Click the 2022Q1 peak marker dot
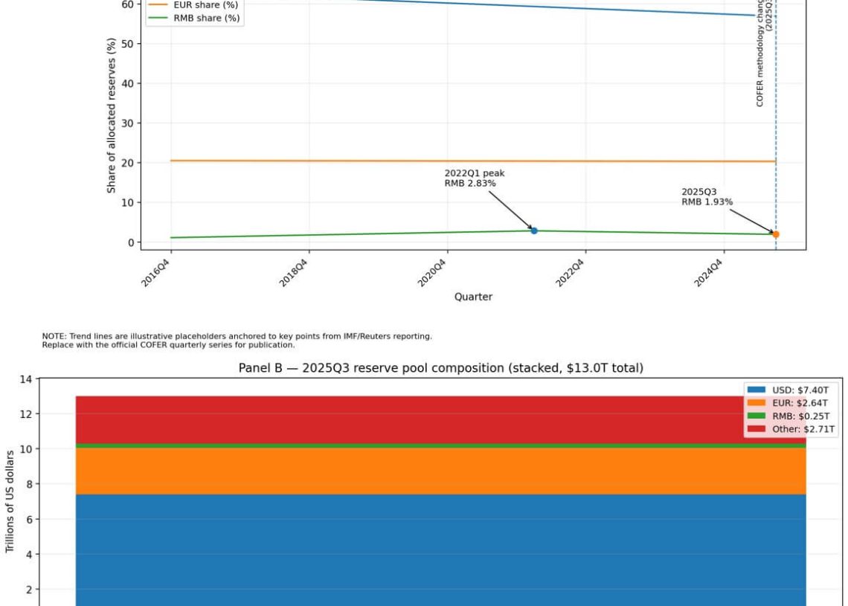coord(534,231)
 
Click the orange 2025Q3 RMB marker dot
coord(776,234)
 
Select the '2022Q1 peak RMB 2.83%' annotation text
coord(475,178)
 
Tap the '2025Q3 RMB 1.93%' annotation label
coord(707,196)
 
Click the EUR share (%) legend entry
coord(205,4)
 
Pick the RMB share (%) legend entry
coord(206,18)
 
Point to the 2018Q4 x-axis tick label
coord(295,273)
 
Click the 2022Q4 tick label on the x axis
coord(571,273)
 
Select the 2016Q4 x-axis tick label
coord(156,273)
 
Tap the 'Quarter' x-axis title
coord(473,297)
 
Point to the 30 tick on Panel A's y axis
coord(128,123)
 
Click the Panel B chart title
coord(440,367)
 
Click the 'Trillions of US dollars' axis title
coord(10,501)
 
